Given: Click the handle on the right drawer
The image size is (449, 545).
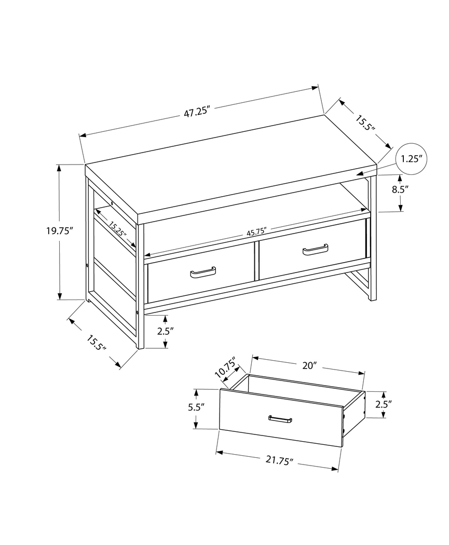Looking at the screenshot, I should tap(315, 250).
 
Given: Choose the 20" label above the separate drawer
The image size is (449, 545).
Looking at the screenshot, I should tap(309, 365).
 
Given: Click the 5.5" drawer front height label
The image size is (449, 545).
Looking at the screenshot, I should tap(196, 407).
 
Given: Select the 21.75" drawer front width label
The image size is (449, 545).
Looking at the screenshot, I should tap(277, 460).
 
